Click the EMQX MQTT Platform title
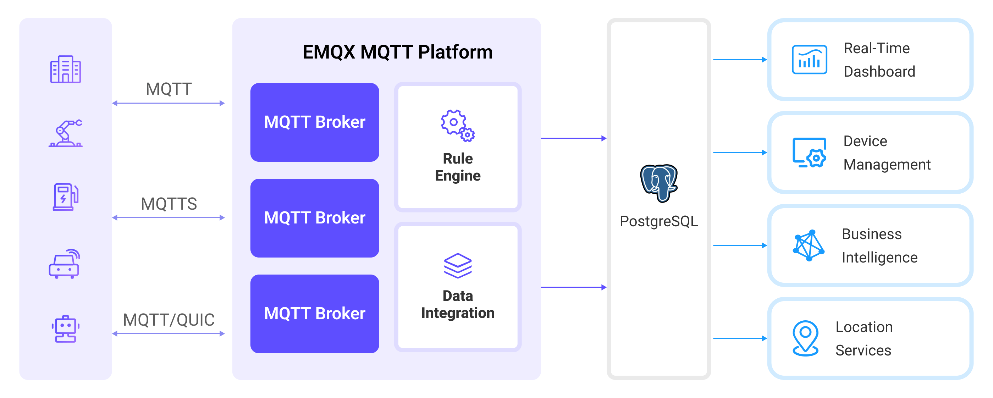pyautogui.click(x=397, y=52)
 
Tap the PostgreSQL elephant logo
pyautogui.click(x=658, y=183)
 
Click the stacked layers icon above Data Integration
pyautogui.click(x=458, y=265)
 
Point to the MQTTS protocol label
pyautogui.click(x=169, y=204)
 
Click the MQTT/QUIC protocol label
pyautogui.click(x=169, y=320)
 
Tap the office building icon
pyautogui.click(x=66, y=70)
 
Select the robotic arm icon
pyautogui.click(x=66, y=133)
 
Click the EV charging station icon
pyautogui.click(x=66, y=197)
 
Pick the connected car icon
pyautogui.click(x=64, y=264)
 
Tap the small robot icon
pyautogui.click(x=66, y=328)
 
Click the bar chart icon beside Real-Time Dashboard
pyautogui.click(x=809, y=60)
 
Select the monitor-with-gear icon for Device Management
pyautogui.click(x=809, y=153)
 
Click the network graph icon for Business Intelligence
pyautogui.click(x=809, y=245)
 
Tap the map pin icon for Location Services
pyautogui.click(x=805, y=338)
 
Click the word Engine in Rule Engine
pyautogui.click(x=458, y=176)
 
